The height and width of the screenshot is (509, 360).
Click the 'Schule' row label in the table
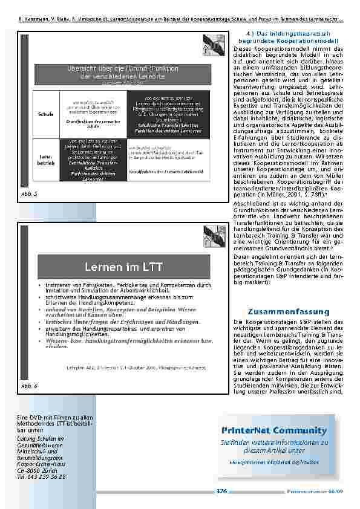pos(45,113)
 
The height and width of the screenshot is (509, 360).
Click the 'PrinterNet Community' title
pos(273,430)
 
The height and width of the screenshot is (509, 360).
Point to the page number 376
pos(221,491)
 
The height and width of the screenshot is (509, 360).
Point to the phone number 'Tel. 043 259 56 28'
pos(41,476)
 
